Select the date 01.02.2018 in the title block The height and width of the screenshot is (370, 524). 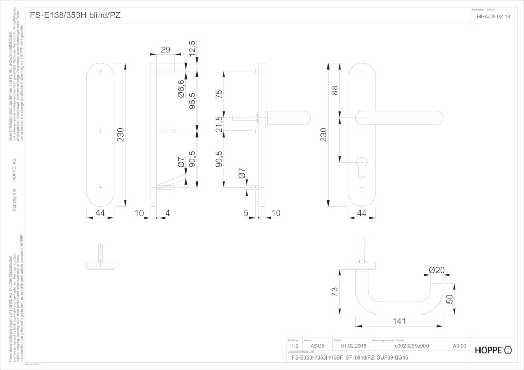354,346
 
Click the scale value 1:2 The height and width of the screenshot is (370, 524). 294,346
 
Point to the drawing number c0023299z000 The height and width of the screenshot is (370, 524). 411,346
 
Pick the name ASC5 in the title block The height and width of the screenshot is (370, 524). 318,346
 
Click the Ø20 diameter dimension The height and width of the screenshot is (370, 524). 436,270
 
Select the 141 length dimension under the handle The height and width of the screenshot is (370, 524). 400,320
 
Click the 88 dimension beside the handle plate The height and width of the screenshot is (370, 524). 334,90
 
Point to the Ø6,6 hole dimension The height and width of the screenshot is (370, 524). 181,89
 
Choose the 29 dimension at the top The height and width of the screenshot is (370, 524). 166,50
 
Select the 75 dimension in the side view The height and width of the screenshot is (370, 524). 219,94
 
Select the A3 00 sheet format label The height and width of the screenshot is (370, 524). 460,346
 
